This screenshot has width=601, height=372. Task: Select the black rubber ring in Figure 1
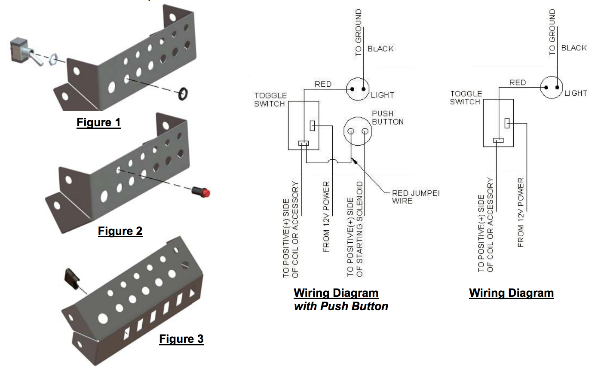pyautogui.click(x=183, y=93)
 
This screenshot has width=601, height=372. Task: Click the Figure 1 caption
pyautogui.click(x=99, y=123)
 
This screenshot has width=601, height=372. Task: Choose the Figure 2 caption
pyautogui.click(x=120, y=231)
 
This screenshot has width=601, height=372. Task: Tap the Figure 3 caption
pyautogui.click(x=181, y=339)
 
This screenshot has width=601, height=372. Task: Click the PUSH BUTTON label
pyautogui.click(x=387, y=117)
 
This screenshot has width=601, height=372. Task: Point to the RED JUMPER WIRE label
pyautogui.click(x=415, y=197)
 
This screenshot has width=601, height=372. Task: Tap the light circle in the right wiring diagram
pyautogui.click(x=552, y=87)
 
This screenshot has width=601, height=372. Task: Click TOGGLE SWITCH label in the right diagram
pyautogui.click(x=466, y=98)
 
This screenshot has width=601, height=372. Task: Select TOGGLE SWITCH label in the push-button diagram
pyautogui.click(x=270, y=100)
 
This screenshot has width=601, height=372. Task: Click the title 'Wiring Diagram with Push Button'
pyautogui.click(x=340, y=299)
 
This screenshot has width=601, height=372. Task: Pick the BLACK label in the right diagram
pyautogui.click(x=574, y=48)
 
